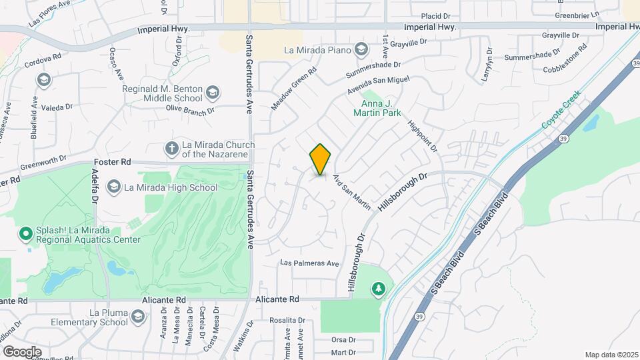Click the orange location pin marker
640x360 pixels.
(321, 159)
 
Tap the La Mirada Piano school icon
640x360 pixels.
(361, 49)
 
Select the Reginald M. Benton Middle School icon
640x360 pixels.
(213, 92)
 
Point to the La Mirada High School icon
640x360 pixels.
(114, 187)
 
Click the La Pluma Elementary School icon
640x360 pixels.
(138, 317)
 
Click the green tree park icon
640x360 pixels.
(379, 288)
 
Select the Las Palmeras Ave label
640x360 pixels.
(310, 263)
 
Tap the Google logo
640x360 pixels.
(22, 351)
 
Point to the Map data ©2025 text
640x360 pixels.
(611, 355)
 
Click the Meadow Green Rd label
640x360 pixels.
(293, 93)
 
